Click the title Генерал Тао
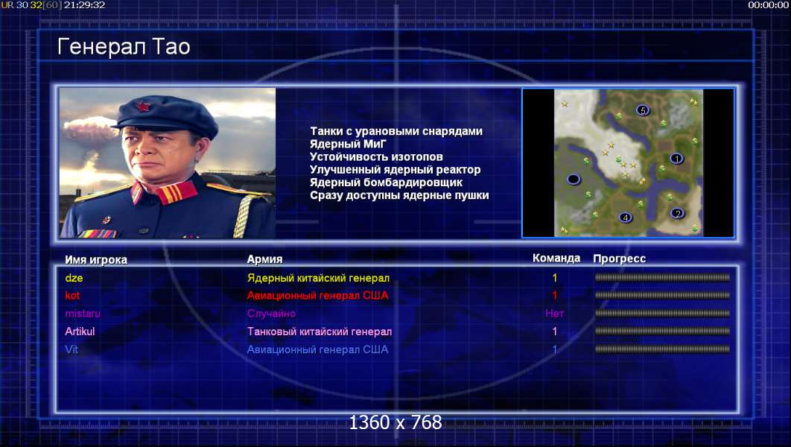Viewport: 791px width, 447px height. (124, 47)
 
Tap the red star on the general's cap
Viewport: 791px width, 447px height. (143, 106)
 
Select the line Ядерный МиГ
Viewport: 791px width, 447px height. (348, 144)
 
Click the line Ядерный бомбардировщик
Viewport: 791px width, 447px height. (386, 182)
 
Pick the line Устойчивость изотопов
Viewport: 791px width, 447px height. (376, 156)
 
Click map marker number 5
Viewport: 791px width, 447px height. (642, 110)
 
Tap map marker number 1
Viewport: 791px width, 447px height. (676, 159)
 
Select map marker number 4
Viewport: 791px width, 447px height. (626, 218)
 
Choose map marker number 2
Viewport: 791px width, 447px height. (678, 213)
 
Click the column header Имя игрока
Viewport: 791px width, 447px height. (96, 260)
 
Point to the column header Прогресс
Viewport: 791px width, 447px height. (620, 259)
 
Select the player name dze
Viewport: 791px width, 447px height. (74, 278)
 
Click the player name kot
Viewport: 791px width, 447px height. (72, 296)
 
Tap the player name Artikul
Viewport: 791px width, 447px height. (80, 332)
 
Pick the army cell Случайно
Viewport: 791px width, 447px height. (271, 314)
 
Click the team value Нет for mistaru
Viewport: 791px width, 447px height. (554, 314)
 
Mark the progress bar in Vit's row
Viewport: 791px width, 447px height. (662, 349)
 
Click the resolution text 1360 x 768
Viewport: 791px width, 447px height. (395, 422)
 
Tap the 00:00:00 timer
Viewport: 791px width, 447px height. (768, 5)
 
